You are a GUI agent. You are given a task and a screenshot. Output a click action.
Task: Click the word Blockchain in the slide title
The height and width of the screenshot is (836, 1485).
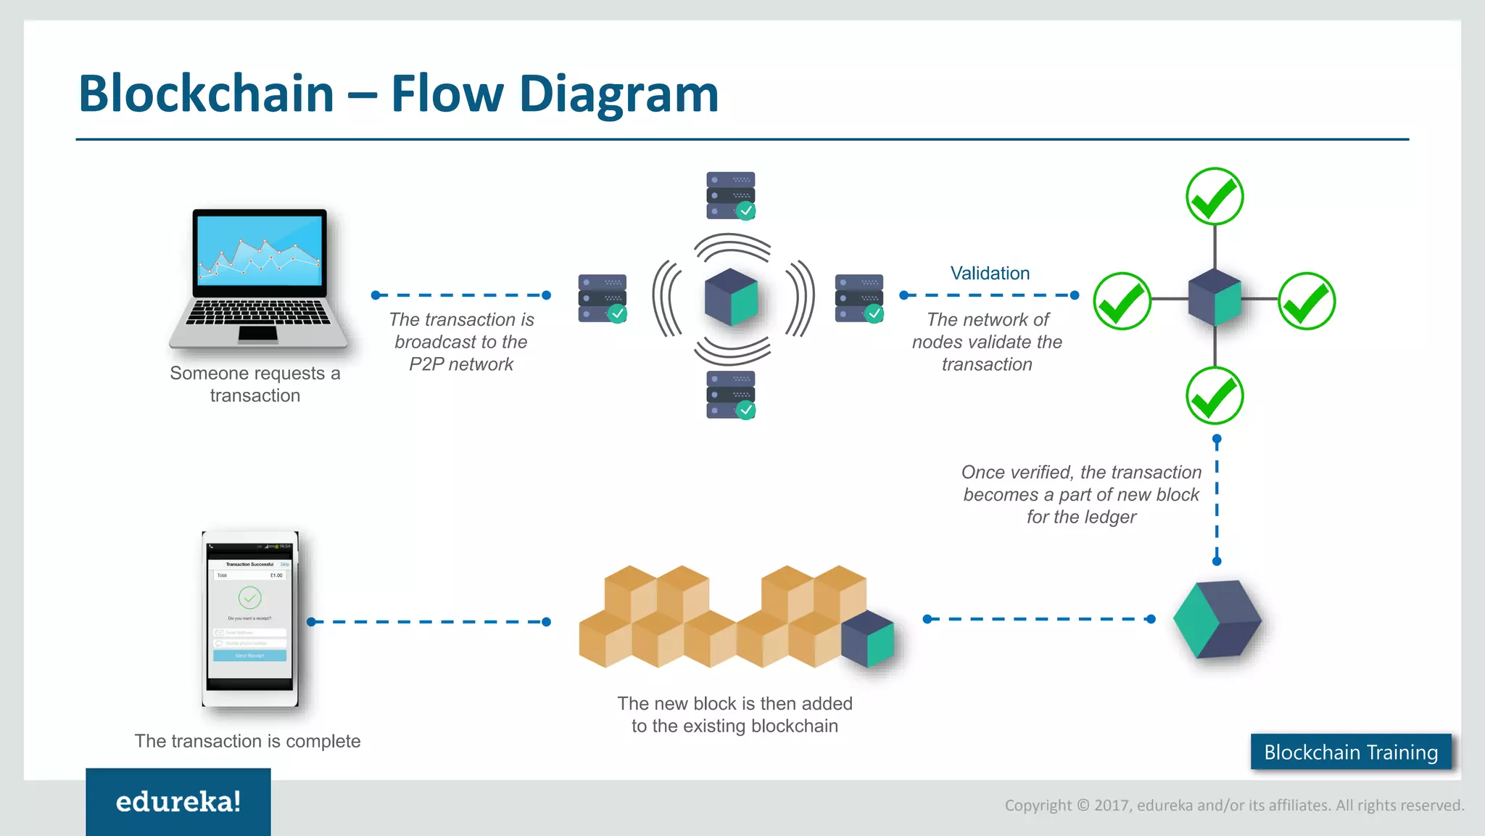[x=206, y=94]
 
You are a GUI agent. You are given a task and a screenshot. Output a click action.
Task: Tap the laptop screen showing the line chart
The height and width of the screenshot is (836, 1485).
[x=260, y=251]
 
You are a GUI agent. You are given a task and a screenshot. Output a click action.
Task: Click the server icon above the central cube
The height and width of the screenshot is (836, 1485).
[x=731, y=195]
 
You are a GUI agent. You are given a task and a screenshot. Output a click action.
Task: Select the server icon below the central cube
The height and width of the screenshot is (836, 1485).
[x=731, y=395]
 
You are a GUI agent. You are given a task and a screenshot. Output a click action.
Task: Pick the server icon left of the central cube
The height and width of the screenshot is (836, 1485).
[x=603, y=298]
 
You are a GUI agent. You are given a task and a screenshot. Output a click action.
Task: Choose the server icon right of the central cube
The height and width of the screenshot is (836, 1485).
[x=859, y=298]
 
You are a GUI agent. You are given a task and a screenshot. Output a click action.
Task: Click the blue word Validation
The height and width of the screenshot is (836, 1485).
[x=990, y=274]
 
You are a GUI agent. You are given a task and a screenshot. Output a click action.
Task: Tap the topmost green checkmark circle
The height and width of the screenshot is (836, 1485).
[x=1215, y=197]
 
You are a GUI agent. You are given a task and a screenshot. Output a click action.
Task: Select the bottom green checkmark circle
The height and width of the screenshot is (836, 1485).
[x=1215, y=396]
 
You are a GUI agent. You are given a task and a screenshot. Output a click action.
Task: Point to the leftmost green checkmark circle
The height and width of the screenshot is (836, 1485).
[x=1122, y=301]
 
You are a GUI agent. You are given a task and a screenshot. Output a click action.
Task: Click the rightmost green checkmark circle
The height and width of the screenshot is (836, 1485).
[x=1307, y=301]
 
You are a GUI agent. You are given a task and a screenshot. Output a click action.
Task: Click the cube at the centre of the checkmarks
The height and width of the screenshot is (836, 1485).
[x=1215, y=298]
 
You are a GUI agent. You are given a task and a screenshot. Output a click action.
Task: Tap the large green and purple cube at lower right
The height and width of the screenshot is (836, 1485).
[x=1217, y=619]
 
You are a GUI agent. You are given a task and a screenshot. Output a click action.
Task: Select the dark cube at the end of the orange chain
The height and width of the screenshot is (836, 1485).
[x=868, y=639]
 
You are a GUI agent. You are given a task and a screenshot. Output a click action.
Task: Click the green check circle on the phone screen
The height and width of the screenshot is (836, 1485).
[x=249, y=598]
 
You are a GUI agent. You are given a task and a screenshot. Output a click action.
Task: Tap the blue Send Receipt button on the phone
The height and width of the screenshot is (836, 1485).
[x=249, y=655]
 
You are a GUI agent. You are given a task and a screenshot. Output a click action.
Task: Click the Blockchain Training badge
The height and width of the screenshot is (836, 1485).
[x=1351, y=752]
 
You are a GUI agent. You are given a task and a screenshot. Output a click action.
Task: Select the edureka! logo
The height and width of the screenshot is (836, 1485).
[x=178, y=802]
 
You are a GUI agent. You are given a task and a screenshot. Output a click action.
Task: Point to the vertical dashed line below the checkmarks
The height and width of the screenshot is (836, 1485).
[x=1217, y=501]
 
